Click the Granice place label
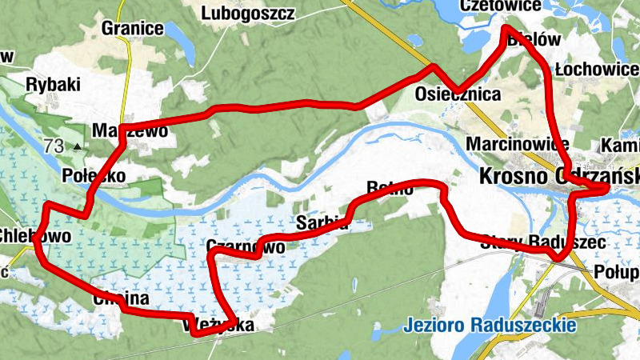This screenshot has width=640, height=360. pyautogui.click(x=133, y=29)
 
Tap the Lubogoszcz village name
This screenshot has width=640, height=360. pyautogui.click(x=248, y=14)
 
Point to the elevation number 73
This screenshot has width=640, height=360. pyautogui.click(x=54, y=146)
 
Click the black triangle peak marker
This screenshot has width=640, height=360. pyautogui.click(x=77, y=146)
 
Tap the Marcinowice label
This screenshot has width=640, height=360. pyautogui.click(x=517, y=145)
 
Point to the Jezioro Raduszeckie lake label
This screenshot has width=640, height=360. pyautogui.click(x=490, y=326)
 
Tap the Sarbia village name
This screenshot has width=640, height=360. pyautogui.click(x=322, y=222)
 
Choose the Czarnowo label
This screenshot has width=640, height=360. pyautogui.click(x=245, y=247)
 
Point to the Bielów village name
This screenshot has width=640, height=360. pyautogui.click(x=530, y=38)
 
